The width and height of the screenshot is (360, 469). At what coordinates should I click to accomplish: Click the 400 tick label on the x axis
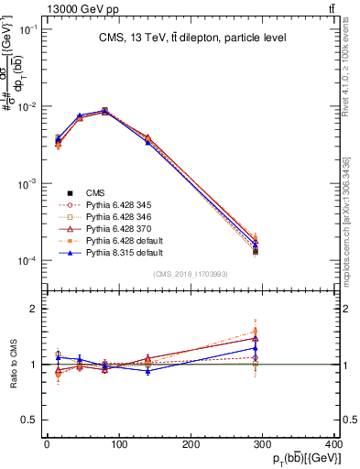(333, 444)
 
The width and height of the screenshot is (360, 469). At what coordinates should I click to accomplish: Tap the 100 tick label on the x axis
(118, 444)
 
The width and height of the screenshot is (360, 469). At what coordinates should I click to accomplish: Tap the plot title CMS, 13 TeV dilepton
(192, 38)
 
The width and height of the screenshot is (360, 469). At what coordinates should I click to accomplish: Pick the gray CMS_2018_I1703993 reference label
(191, 274)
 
